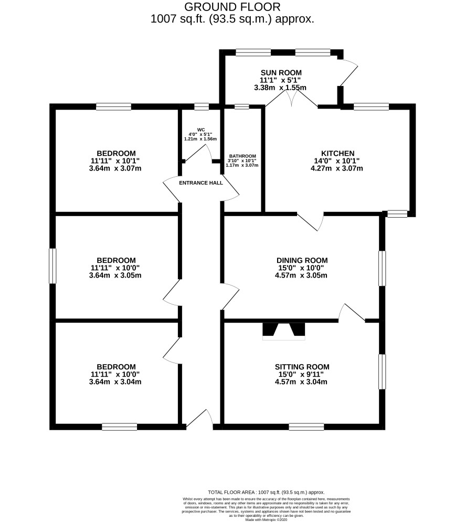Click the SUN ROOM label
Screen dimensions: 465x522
pos(281,72)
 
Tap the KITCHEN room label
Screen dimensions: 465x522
pos(338,154)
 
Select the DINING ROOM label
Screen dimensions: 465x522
pos(302,260)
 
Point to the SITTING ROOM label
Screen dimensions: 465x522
pos(302,367)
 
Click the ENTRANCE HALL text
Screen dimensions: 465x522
pos(201,183)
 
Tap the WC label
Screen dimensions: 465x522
pos(201,130)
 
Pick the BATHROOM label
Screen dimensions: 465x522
pos(242,156)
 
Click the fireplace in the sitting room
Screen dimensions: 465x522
pos(284,331)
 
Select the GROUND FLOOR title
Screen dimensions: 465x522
pos(232,7)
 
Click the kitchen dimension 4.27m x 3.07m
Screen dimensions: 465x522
pos(337,168)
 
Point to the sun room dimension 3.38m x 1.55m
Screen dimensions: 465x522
pos(280,88)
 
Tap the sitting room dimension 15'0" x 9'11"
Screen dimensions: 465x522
pos(301,374)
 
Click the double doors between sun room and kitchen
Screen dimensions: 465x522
pos(291,99)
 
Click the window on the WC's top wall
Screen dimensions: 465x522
pos(202,106)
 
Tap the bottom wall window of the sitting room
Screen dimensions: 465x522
pos(306,427)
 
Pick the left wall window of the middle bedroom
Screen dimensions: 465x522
pos(52,266)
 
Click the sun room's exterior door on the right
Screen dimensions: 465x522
pos(348,73)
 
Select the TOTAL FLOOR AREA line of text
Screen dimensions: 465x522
pos(266,492)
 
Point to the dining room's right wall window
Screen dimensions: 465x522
pos(382,268)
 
